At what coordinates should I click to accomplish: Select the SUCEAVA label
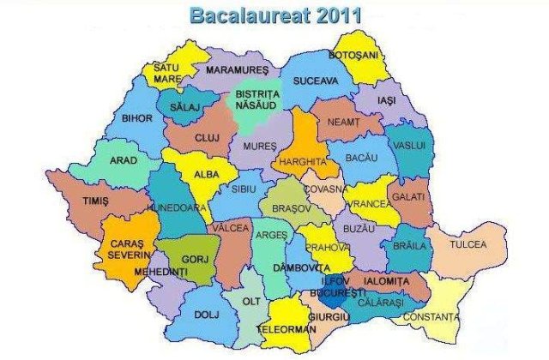pyautogui.click(x=317, y=81)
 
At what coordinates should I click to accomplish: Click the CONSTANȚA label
pyautogui.click(x=431, y=318)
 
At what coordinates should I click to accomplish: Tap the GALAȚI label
pyautogui.click(x=411, y=196)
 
